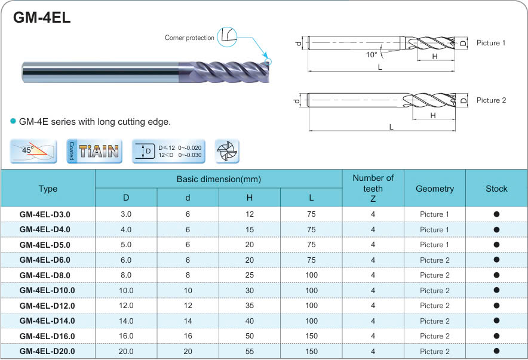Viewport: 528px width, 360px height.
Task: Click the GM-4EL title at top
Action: point(42,17)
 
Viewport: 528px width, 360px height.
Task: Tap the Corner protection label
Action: point(189,38)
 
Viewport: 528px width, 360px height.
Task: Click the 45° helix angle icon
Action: point(33,151)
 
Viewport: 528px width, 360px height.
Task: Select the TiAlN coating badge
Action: point(94,151)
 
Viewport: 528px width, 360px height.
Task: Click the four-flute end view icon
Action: point(227,151)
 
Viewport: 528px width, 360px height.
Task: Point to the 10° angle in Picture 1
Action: point(372,54)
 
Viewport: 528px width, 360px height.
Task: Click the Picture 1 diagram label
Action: point(491,43)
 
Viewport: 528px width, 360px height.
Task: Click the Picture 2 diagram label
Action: point(491,100)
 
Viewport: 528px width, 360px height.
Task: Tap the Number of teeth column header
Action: point(373,188)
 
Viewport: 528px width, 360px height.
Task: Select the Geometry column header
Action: point(435,188)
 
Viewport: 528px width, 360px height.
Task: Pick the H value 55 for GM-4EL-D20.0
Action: point(250,352)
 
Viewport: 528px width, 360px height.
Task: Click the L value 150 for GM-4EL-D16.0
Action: point(311,336)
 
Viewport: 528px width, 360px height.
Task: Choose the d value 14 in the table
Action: point(188,321)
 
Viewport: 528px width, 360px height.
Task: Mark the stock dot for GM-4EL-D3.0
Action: point(496,214)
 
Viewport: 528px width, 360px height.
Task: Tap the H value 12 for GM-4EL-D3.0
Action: point(250,214)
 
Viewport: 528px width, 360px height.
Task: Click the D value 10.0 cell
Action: point(126,291)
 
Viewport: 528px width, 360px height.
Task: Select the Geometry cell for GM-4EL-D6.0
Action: point(435,260)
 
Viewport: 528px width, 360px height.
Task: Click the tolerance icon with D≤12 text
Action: point(168,151)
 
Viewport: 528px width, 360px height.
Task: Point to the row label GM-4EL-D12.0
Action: point(47,306)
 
